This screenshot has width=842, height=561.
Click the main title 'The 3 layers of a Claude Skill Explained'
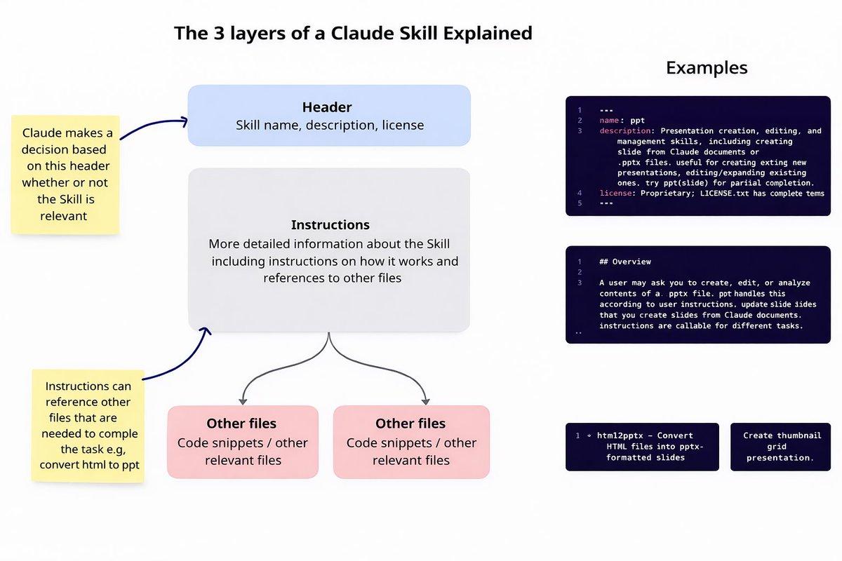353,33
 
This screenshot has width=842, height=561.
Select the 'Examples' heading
706,68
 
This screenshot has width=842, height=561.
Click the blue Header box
328,116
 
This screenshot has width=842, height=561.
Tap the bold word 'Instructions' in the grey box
330,225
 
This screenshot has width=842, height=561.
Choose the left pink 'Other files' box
242,442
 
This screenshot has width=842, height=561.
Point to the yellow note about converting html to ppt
88,425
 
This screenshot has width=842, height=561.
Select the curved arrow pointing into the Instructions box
179,358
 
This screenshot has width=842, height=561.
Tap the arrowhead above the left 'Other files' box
243,400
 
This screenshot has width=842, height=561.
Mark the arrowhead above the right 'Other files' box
425,400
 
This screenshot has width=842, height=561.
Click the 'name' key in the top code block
609,121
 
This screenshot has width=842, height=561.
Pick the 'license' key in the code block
616,193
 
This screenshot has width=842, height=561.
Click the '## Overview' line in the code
624,262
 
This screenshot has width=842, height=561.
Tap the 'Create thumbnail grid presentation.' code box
780,446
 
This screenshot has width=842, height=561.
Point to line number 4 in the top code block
580,193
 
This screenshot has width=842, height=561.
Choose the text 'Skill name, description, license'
328,126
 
